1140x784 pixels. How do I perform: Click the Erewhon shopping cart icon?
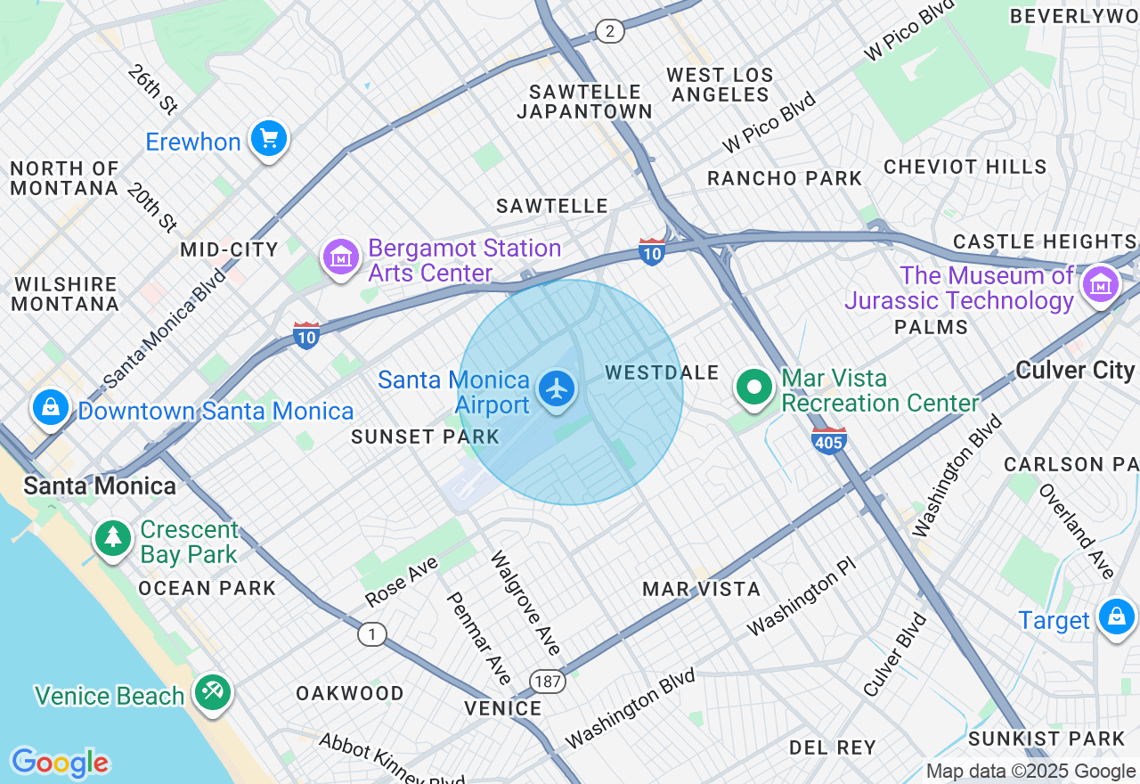pyautogui.click(x=268, y=139)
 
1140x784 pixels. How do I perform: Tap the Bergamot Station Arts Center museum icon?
pyautogui.click(x=340, y=257)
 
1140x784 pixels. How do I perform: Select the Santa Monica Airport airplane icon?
pyautogui.click(x=558, y=389)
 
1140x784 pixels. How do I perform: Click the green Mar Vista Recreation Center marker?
pyautogui.click(x=754, y=388)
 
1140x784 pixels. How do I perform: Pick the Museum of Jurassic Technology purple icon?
pyautogui.click(x=1100, y=284)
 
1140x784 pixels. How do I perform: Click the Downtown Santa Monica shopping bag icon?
pyautogui.click(x=51, y=408)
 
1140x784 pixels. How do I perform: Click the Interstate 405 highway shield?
pyautogui.click(x=828, y=440)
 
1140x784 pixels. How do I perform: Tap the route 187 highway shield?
pyautogui.click(x=547, y=682)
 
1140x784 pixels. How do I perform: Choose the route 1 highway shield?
pyautogui.click(x=371, y=634)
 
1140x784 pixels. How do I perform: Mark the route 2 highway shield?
pyautogui.click(x=609, y=32)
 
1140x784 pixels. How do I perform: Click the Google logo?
pyautogui.click(x=60, y=763)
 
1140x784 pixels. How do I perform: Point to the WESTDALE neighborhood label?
pyautogui.click(x=661, y=372)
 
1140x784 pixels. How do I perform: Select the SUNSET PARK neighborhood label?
pyautogui.click(x=425, y=437)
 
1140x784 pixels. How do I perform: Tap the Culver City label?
pyautogui.click(x=1075, y=371)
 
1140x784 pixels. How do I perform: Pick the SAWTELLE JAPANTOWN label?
pyautogui.click(x=584, y=102)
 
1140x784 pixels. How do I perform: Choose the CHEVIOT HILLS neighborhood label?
pyautogui.click(x=965, y=167)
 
